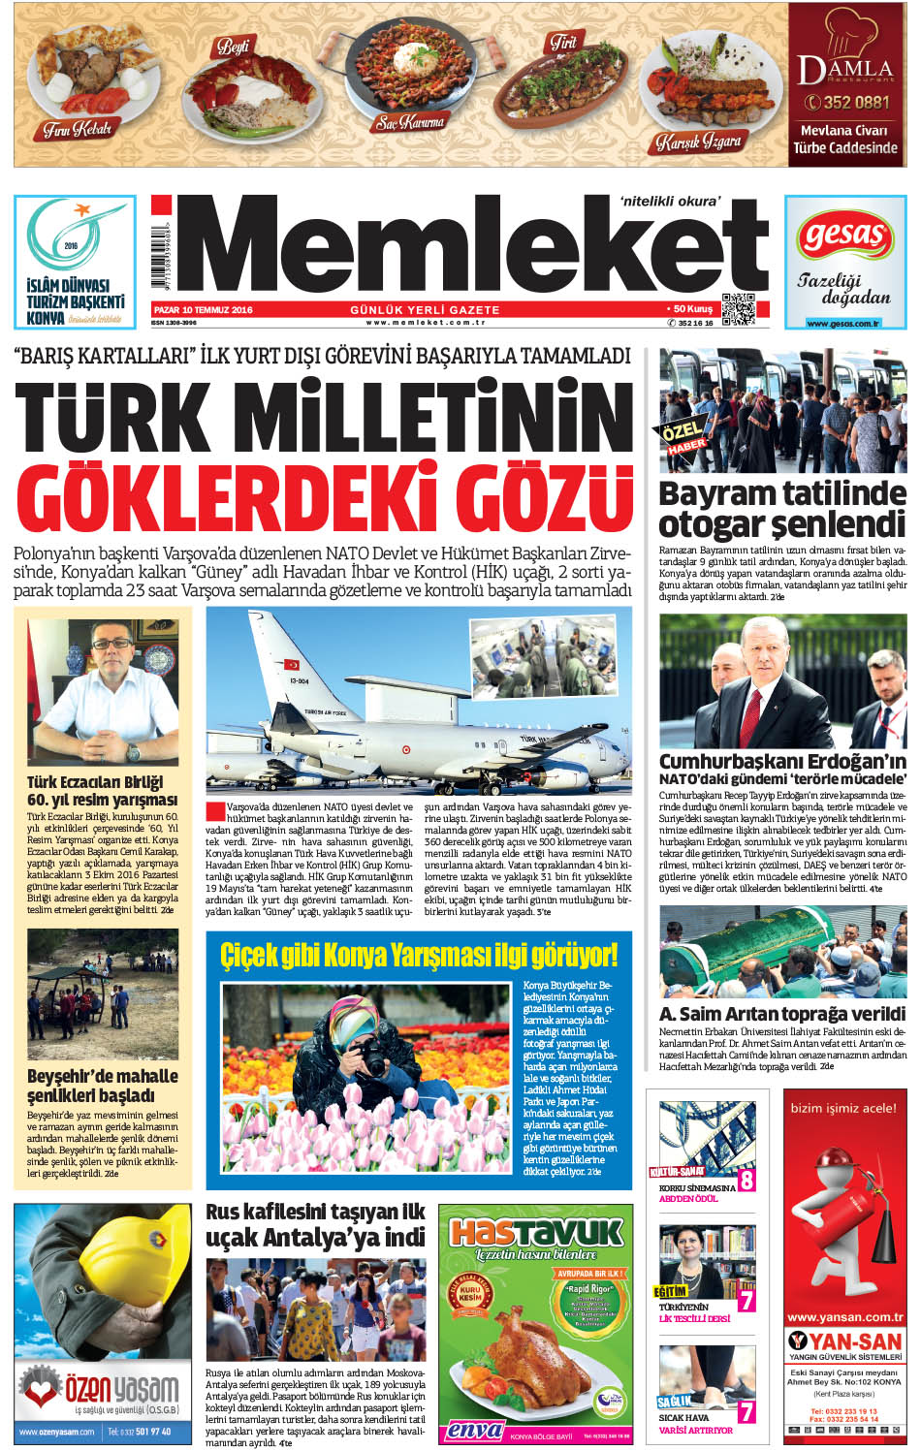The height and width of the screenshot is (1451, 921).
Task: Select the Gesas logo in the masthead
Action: (845, 238)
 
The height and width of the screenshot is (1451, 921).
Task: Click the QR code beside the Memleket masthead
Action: (738, 308)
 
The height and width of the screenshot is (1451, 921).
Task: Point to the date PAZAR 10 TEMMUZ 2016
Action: (203, 310)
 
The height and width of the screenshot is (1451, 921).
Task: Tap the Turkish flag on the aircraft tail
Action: (291, 665)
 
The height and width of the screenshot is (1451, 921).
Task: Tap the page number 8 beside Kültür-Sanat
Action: (746, 1180)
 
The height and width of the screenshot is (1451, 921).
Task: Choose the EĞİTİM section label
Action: (671, 1291)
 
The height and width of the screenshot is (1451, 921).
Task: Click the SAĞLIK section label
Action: (674, 1402)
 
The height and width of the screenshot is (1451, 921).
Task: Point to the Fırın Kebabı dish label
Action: (78, 128)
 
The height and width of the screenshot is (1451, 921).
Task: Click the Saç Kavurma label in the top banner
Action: (410, 123)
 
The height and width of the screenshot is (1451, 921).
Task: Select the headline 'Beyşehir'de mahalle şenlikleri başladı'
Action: (103, 1086)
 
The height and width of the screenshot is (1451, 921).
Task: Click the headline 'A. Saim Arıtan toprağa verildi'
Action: (782, 1014)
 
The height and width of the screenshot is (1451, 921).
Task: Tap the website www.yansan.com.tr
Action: (844, 1317)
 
